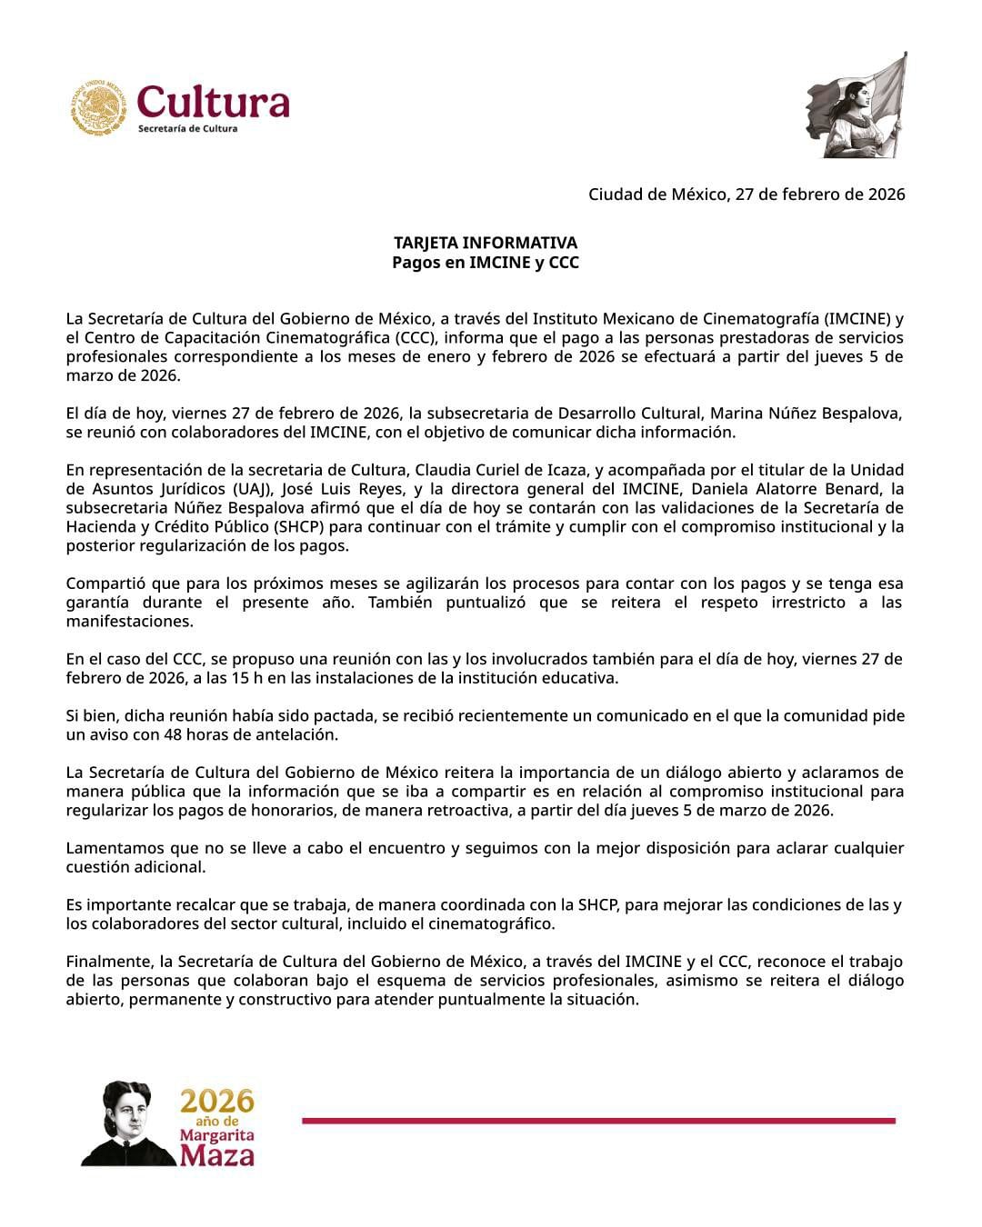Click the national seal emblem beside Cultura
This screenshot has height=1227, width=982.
99,108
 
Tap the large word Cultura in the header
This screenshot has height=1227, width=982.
214,102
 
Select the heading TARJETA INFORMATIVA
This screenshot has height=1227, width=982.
485,244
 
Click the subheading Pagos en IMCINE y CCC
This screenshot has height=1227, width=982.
485,263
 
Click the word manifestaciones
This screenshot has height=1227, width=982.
129,622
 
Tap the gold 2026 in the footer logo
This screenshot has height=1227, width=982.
216,1102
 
